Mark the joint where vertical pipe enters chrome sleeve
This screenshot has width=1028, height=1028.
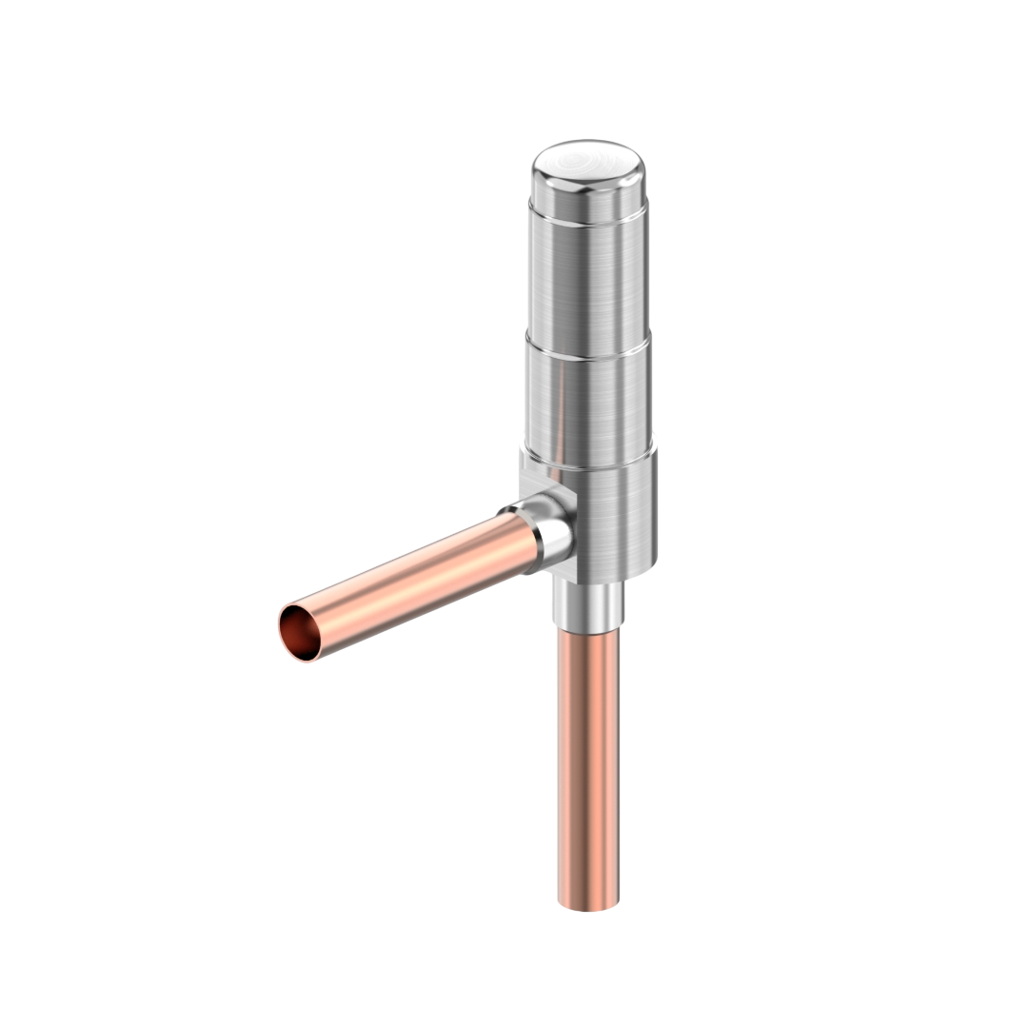coord(588,624)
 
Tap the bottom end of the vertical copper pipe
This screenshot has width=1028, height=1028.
coord(588,906)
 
